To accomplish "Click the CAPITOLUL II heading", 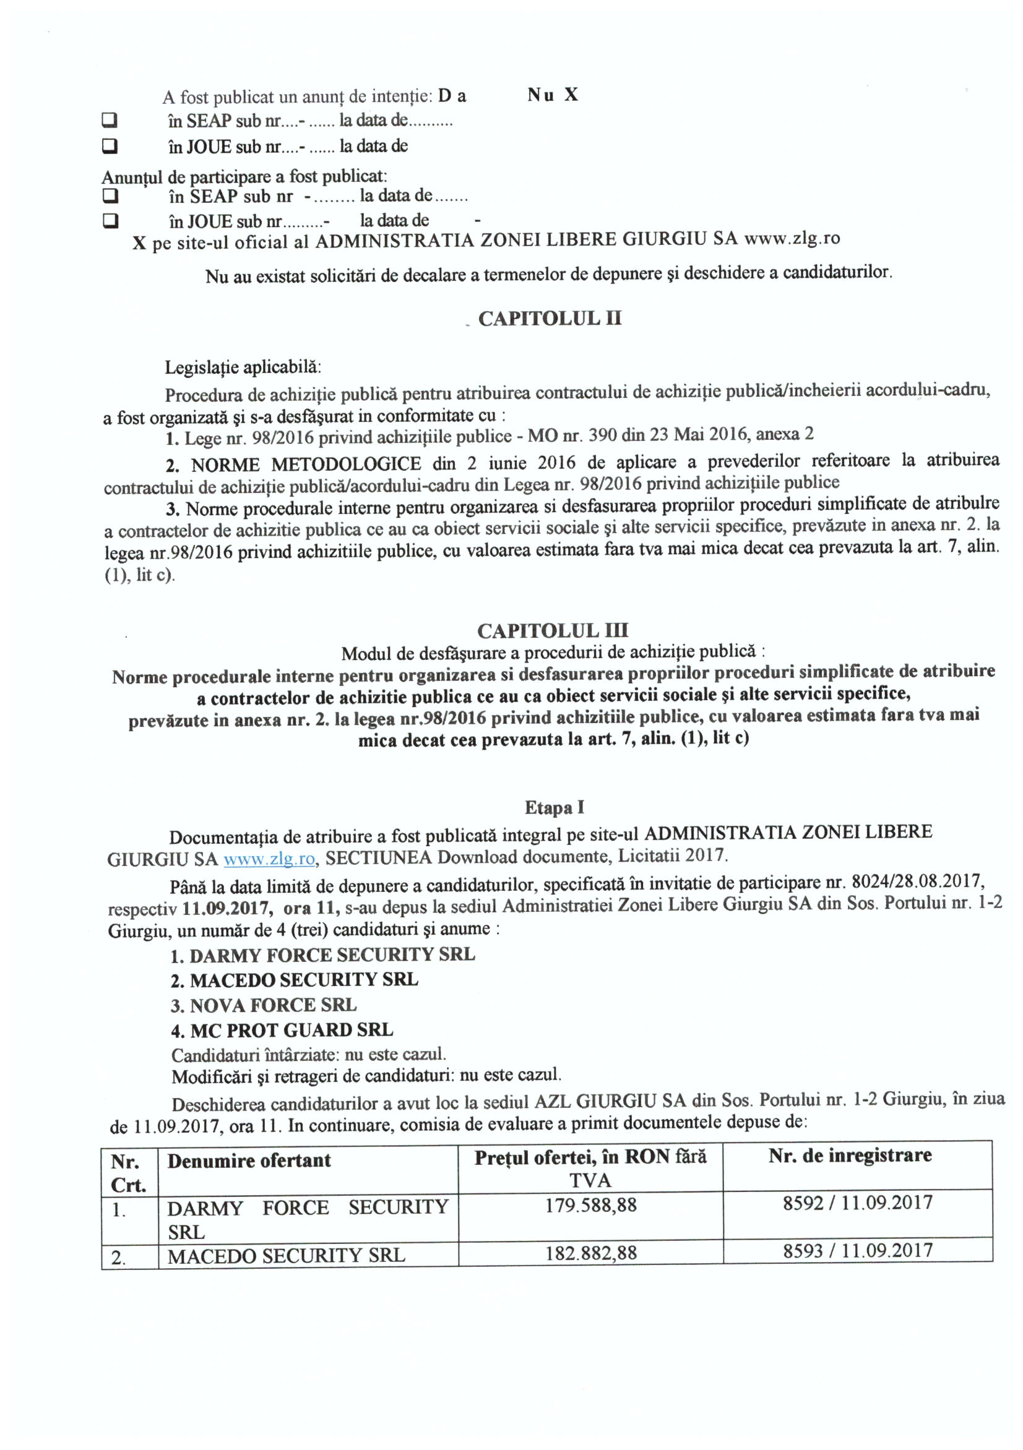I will coord(549,319).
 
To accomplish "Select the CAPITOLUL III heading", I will coord(552,630).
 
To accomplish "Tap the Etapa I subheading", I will coord(554,807).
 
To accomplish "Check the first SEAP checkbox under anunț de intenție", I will coord(111,120).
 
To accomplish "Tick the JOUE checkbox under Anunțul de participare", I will coord(111,221).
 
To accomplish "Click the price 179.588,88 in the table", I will coord(590,1205).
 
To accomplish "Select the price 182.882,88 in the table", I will coord(590,1253).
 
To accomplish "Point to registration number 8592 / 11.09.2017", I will coord(857,1203).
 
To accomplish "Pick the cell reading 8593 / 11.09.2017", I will coord(857,1250).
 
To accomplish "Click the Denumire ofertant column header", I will coord(249,1160).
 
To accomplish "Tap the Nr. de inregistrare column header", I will coord(850,1156).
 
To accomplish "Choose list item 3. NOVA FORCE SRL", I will coord(264,1005).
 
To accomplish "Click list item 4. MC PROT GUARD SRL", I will coord(282,1031).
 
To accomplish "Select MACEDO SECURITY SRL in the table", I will coord(285,1256).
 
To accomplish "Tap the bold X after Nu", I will coord(571,95).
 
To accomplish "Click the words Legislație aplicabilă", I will coord(243,367).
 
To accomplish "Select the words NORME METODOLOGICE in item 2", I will coord(306,465).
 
